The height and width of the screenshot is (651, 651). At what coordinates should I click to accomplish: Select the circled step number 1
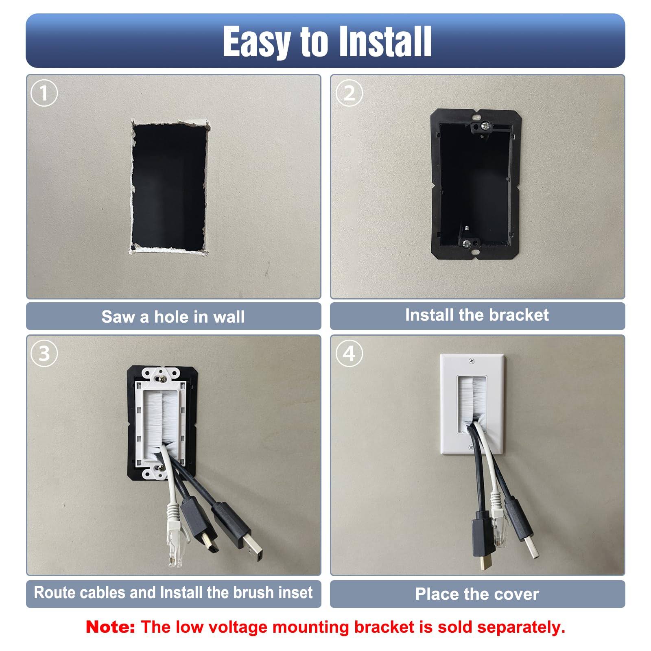pyautogui.click(x=44, y=93)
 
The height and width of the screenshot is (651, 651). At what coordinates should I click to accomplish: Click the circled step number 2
pyautogui.click(x=349, y=93)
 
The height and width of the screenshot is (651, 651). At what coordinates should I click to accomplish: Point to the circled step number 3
pyautogui.click(x=44, y=353)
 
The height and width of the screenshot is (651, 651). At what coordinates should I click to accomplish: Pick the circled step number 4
pyautogui.click(x=349, y=353)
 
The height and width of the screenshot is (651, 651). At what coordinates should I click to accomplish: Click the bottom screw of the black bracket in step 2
pyautogui.click(x=467, y=243)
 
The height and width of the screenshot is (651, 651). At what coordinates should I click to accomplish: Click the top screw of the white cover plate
pyautogui.click(x=472, y=360)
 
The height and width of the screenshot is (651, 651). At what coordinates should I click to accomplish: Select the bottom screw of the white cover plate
pyautogui.click(x=471, y=448)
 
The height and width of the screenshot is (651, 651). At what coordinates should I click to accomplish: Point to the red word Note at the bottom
pyautogui.click(x=110, y=627)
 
